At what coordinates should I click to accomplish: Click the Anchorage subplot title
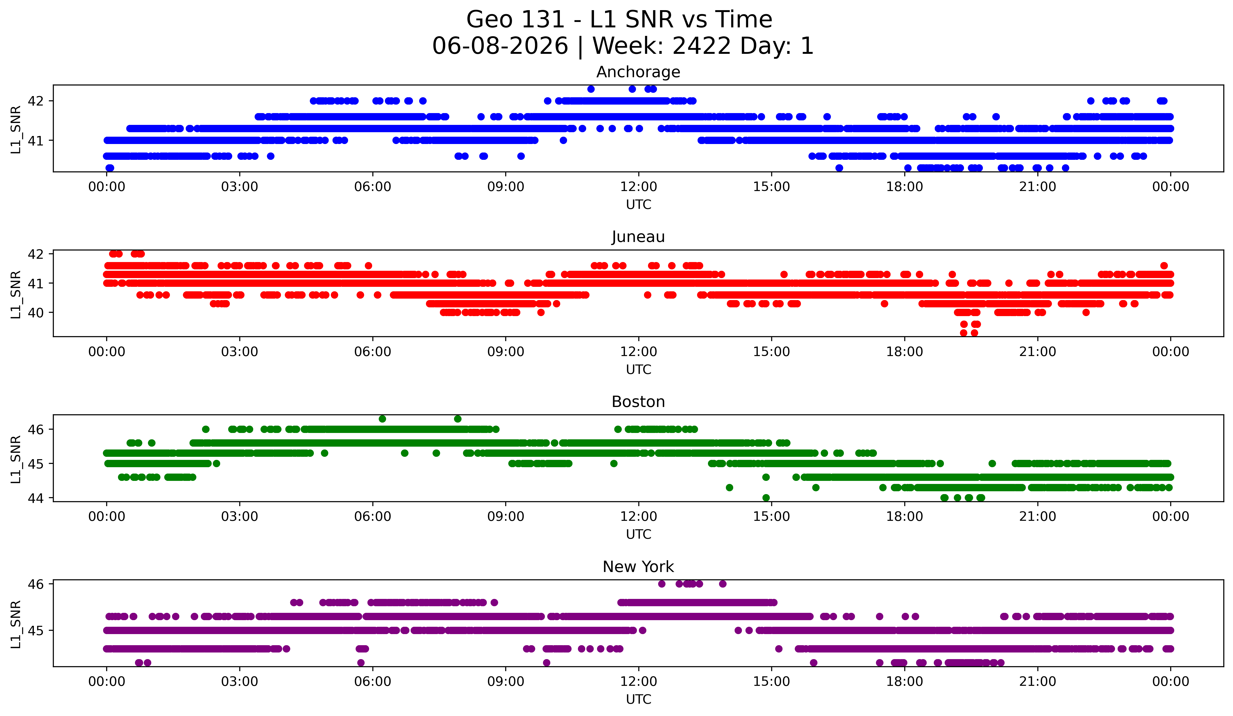(638, 72)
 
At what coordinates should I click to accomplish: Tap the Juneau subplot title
(638, 237)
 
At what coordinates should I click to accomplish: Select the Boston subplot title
(638, 402)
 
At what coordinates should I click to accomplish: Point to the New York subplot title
(638, 567)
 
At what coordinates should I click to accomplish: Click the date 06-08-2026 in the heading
(500, 46)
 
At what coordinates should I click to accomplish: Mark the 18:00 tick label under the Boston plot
(904, 517)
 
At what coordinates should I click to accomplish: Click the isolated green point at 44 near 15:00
(766, 498)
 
